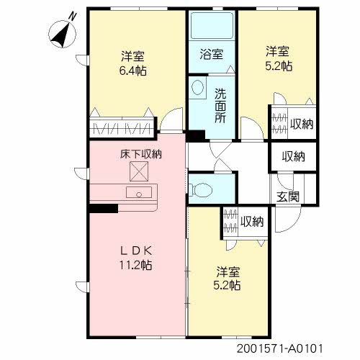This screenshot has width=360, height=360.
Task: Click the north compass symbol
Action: click(63, 34)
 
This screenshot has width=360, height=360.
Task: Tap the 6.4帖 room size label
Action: click(133, 71)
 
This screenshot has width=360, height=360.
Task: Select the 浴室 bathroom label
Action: click(212, 54)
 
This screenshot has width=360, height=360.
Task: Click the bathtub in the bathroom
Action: click(212, 25)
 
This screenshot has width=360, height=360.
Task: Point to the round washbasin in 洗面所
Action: click(197, 88)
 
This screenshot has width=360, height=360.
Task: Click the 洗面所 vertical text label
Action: click(220, 106)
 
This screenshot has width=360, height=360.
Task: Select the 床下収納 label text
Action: click(141, 154)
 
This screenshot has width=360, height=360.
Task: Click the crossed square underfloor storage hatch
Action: click(139, 171)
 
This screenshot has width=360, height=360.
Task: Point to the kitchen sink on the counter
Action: click(139, 192)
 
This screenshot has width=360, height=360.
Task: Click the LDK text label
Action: click(136, 251)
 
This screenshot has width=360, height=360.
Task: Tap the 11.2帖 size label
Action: click(135, 265)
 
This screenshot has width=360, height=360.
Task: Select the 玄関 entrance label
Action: click(288, 197)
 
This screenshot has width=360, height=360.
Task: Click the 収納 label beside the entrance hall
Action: click(293, 156)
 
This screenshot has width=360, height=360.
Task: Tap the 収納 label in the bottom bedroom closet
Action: click(252, 221)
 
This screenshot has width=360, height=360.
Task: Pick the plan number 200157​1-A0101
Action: click(280, 348)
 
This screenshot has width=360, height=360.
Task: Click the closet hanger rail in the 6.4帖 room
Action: click(122, 129)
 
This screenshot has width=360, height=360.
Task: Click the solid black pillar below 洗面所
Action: click(196, 136)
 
